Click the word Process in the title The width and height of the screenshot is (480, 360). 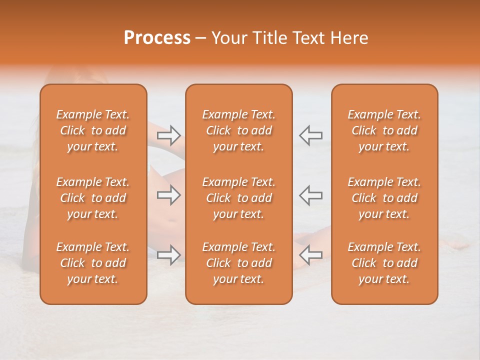156,38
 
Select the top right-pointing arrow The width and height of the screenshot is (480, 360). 169,135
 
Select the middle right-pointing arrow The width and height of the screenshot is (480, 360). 169,195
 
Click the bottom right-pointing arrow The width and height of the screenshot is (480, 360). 169,255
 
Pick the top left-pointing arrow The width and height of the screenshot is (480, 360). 310,135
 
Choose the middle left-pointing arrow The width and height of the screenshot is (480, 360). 310,195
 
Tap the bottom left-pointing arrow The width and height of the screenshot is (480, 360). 310,255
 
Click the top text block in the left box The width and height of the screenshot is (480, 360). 93,130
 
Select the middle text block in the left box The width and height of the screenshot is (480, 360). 93,198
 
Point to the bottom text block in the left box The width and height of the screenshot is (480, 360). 93,263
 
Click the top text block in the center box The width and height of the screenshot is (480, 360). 238,130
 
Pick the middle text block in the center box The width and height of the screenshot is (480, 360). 238,198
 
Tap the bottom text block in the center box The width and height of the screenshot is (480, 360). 238,263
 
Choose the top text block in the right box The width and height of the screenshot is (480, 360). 384,130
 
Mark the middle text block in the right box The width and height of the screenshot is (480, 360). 384,198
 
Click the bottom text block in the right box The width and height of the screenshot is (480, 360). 384,263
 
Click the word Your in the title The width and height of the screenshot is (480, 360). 226,38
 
